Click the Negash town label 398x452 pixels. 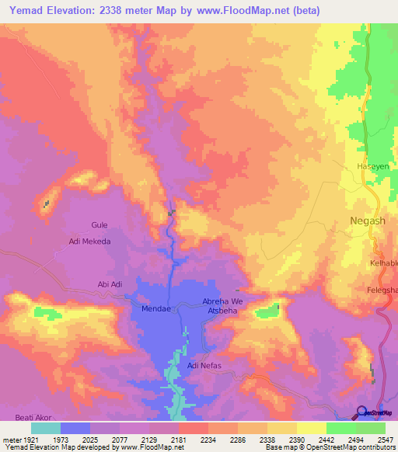[x=363, y=221]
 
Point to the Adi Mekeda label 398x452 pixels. [x=90, y=242]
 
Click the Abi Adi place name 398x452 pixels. [x=110, y=284]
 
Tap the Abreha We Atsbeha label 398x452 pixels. [x=223, y=306]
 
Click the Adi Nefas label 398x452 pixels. [x=204, y=364]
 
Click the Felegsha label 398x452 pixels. [x=382, y=290]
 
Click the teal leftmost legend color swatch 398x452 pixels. [x=46, y=428]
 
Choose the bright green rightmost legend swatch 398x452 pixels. [x=371, y=428]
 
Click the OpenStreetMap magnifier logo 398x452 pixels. [x=361, y=412]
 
